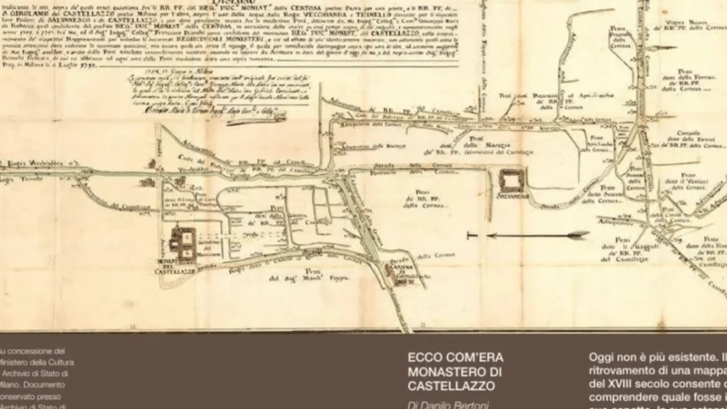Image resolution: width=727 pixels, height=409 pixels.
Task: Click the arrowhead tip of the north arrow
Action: point(587,234)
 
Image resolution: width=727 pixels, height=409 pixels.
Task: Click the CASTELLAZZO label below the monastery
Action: point(174,271)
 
